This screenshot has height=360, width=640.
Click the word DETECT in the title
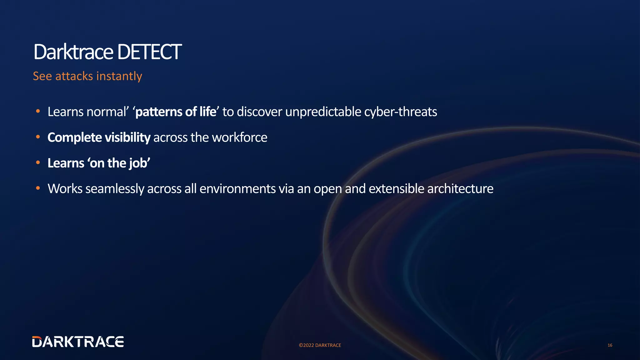[x=149, y=52]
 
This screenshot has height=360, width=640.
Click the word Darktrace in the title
[x=73, y=52]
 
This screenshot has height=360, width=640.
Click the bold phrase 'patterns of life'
[x=176, y=112]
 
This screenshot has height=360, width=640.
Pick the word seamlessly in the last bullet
[x=114, y=189]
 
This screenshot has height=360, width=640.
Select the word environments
[x=237, y=189]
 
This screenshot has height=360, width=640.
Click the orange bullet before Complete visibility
[x=38, y=137]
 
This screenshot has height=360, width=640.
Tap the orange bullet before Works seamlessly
[x=38, y=188]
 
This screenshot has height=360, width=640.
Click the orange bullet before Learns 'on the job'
[x=38, y=162]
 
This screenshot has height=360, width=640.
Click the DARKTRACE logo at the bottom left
[x=78, y=342]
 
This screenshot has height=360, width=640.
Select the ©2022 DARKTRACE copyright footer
[x=320, y=345]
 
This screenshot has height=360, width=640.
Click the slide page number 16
[x=610, y=345]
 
